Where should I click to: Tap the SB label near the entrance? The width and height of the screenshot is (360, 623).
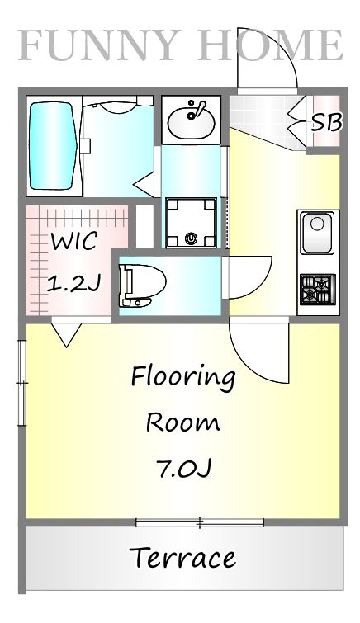click(326, 122)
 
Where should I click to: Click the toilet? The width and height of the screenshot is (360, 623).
click(137, 286)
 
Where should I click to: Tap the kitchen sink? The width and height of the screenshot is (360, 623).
click(317, 234)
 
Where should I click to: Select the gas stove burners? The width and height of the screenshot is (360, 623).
click(316, 290)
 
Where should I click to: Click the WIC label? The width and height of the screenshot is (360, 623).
click(75, 242)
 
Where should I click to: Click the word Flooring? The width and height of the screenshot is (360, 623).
click(182, 378)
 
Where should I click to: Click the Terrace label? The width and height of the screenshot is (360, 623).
click(182, 558)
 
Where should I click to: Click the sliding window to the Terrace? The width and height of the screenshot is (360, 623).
click(200, 522)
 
